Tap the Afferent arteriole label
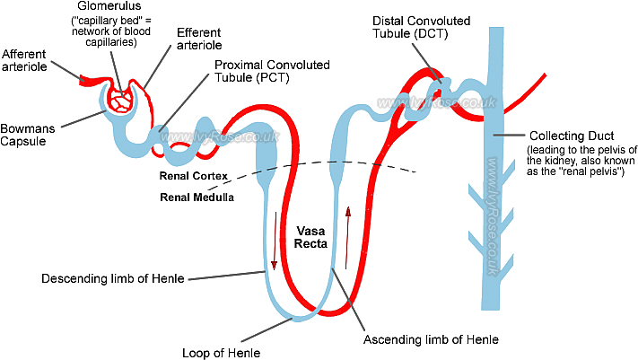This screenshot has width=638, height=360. pos(25,59)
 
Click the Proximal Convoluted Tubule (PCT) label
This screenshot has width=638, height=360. pos(272,72)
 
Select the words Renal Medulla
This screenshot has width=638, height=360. pos(197,197)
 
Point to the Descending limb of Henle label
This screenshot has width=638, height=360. pos(112,278)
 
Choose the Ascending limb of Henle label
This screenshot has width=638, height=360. pos(431,340)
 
